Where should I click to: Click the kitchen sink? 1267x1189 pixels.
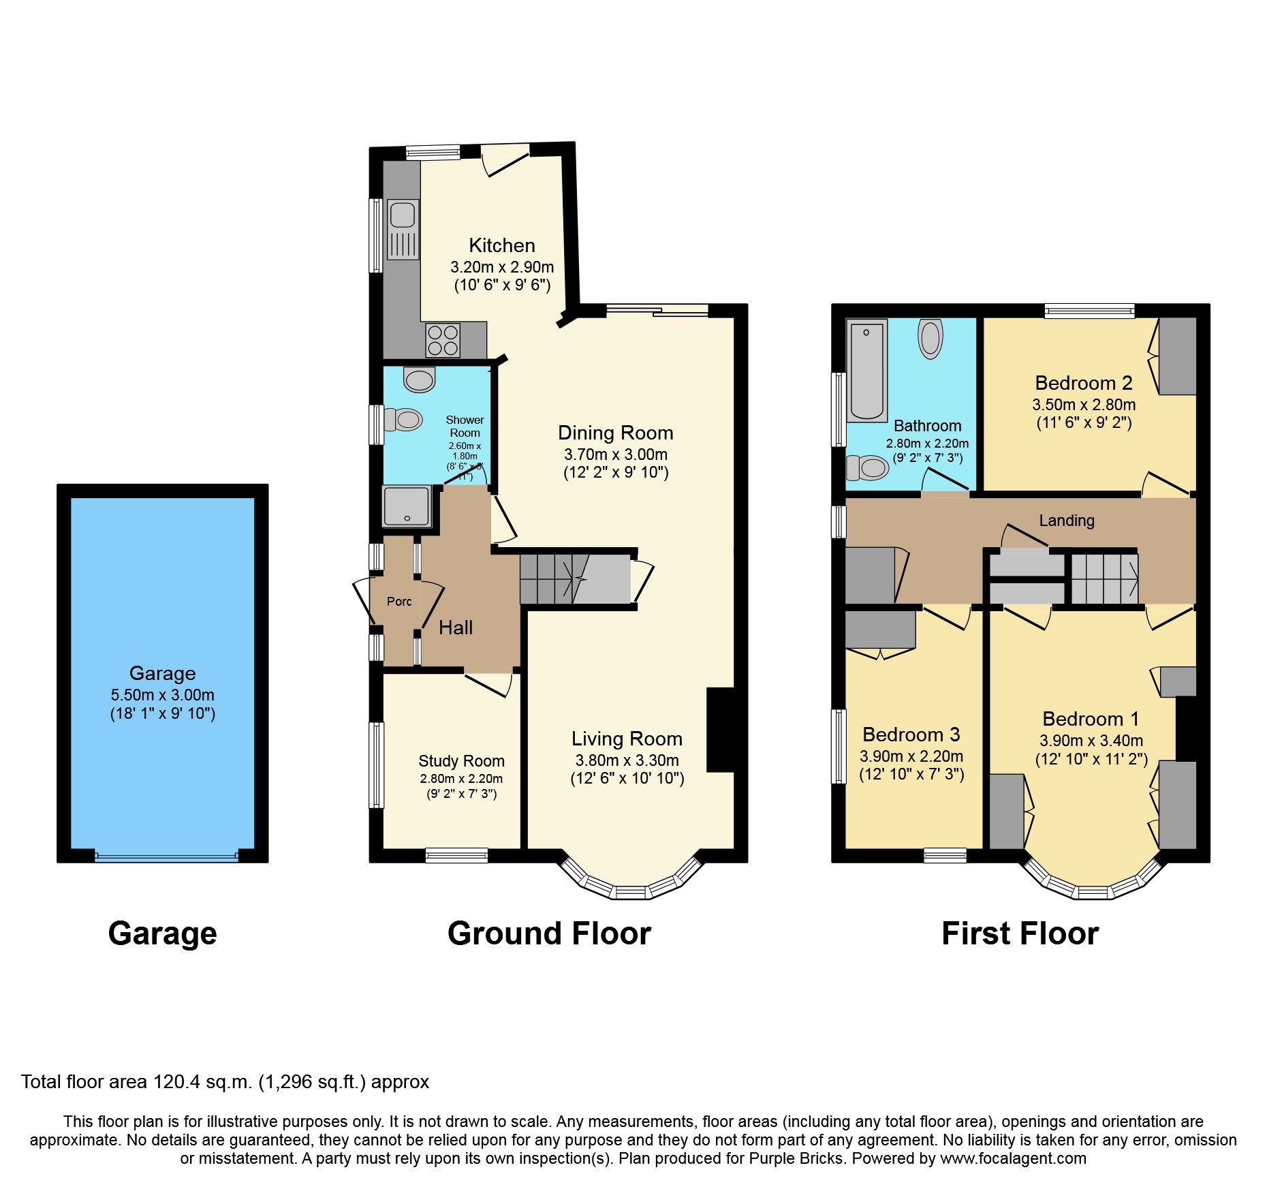click(x=403, y=229)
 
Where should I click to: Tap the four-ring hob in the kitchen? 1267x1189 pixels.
click(x=443, y=340)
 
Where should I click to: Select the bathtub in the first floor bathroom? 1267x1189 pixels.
click(x=866, y=371)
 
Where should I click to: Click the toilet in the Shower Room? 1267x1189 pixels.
click(x=403, y=419)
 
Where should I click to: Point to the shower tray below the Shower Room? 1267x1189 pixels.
click(x=407, y=506)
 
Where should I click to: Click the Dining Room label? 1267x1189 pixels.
click(x=615, y=433)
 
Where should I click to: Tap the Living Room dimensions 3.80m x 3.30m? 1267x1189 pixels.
click(x=627, y=760)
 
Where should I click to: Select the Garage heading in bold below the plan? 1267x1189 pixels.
click(x=162, y=933)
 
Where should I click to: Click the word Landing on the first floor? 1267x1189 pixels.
click(x=1066, y=521)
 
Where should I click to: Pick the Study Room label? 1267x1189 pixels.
click(x=461, y=761)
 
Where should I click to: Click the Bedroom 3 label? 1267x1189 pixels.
click(x=911, y=735)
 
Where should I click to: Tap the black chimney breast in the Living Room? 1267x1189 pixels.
click(x=720, y=730)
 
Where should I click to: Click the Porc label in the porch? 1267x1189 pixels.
click(x=398, y=602)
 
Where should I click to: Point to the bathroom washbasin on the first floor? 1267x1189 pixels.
click(x=930, y=339)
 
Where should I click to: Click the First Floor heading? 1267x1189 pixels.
click(x=1020, y=933)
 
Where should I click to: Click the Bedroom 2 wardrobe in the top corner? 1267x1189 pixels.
click(x=1177, y=356)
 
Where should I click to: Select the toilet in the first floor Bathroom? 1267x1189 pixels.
click(x=869, y=468)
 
